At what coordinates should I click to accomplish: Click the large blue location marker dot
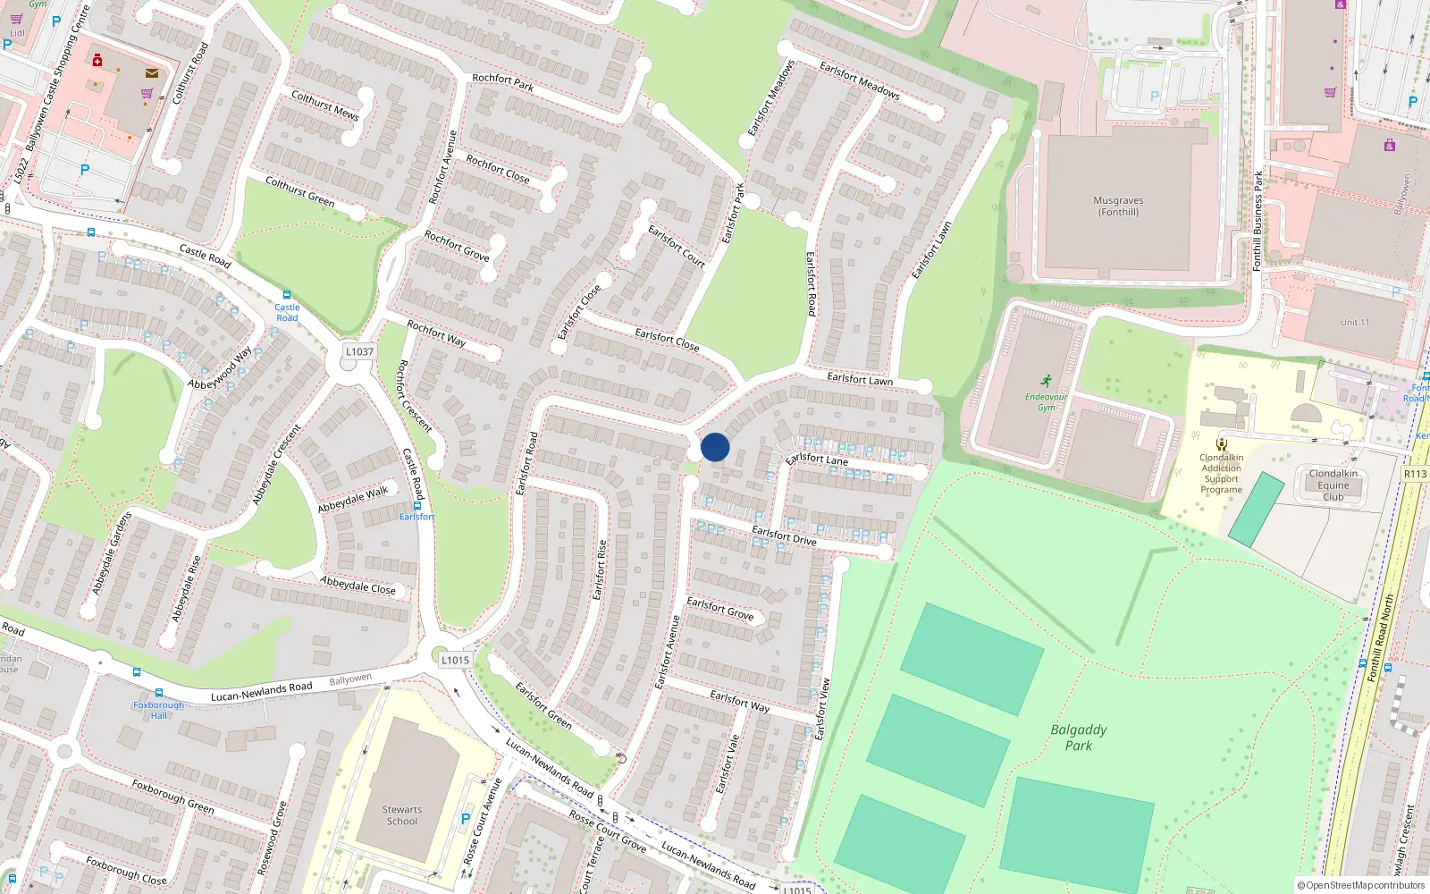coord(715,447)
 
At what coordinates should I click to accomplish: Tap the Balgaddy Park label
coord(1079,738)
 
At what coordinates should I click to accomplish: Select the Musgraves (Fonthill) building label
coord(1118,207)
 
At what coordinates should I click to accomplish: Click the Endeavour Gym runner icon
coord(1046,381)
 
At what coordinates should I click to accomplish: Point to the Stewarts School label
coord(402,815)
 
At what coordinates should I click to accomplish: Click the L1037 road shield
coord(359,352)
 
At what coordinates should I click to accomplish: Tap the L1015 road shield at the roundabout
coord(455,661)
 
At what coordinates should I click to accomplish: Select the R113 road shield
coord(1415,474)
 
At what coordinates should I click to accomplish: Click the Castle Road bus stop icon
coord(286,295)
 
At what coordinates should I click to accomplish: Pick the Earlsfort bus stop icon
coord(416,506)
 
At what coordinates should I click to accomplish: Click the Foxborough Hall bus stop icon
coord(159,693)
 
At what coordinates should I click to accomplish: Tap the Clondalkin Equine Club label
coord(1333,485)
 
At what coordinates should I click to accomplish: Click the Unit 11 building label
coord(1354,323)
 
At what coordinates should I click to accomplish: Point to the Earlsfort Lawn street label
coord(860,380)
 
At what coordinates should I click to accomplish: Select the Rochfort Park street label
coord(502,82)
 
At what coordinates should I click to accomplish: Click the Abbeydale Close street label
coord(357,586)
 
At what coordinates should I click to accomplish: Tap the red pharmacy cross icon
coord(97,61)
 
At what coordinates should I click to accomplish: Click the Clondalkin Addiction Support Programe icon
coord(1221,444)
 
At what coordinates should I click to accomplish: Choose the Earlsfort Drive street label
coord(784,536)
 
